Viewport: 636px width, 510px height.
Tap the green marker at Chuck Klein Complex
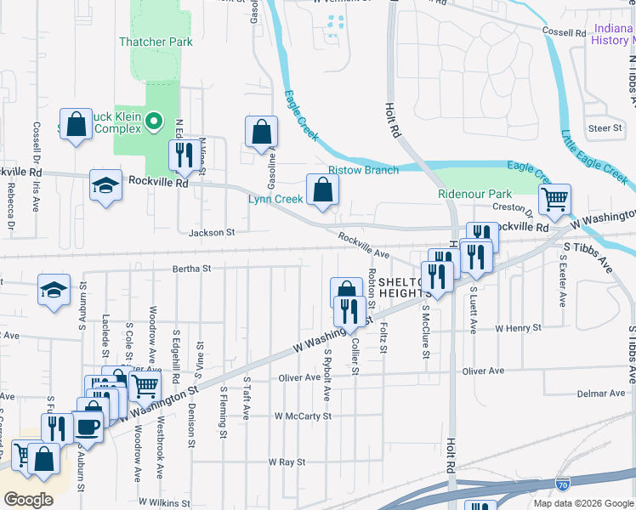pos(153,122)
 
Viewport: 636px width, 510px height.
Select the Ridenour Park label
pos(474,194)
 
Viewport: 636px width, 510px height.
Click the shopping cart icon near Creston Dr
pos(554,199)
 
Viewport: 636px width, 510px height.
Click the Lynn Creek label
pos(275,199)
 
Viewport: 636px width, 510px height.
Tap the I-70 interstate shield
pos(563,484)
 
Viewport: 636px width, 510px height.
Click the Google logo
pos(29,499)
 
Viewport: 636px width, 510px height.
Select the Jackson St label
pos(212,232)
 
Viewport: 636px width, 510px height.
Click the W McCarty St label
pos(303,416)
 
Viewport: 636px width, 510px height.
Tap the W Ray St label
pos(287,462)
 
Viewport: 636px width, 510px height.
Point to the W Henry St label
pos(518,327)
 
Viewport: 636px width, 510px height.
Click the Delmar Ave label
pos(601,394)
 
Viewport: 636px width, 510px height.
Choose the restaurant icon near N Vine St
pos(183,154)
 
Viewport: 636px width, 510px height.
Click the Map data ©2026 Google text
pos(582,503)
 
